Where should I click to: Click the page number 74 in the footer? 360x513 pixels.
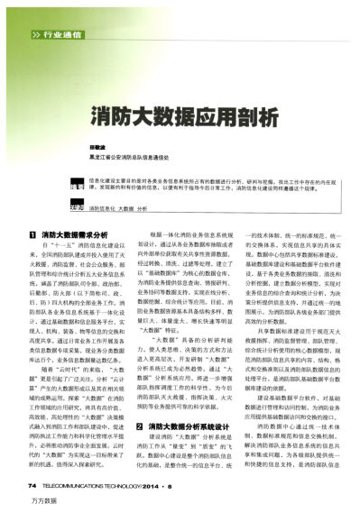coord(33,483)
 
